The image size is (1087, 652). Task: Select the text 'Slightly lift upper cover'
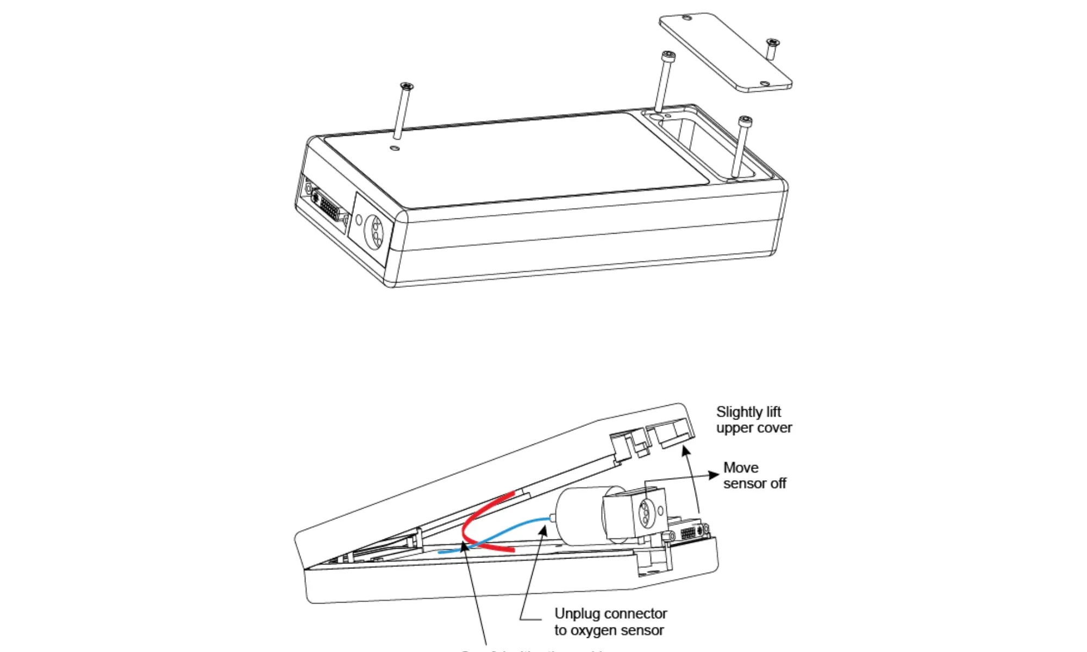click(x=753, y=419)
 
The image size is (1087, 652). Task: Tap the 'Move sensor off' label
click(x=754, y=475)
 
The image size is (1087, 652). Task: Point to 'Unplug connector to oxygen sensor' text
click(x=610, y=622)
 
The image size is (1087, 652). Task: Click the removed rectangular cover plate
click(x=725, y=52)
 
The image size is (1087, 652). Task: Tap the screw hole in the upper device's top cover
click(x=395, y=148)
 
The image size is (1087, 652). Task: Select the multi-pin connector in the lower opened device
click(x=689, y=532)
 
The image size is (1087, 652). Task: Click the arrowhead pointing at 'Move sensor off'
click(x=714, y=475)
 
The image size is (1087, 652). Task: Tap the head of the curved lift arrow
click(x=685, y=450)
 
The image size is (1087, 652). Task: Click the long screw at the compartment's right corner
click(x=741, y=147)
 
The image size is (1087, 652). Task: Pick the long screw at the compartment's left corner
click(x=663, y=81)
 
